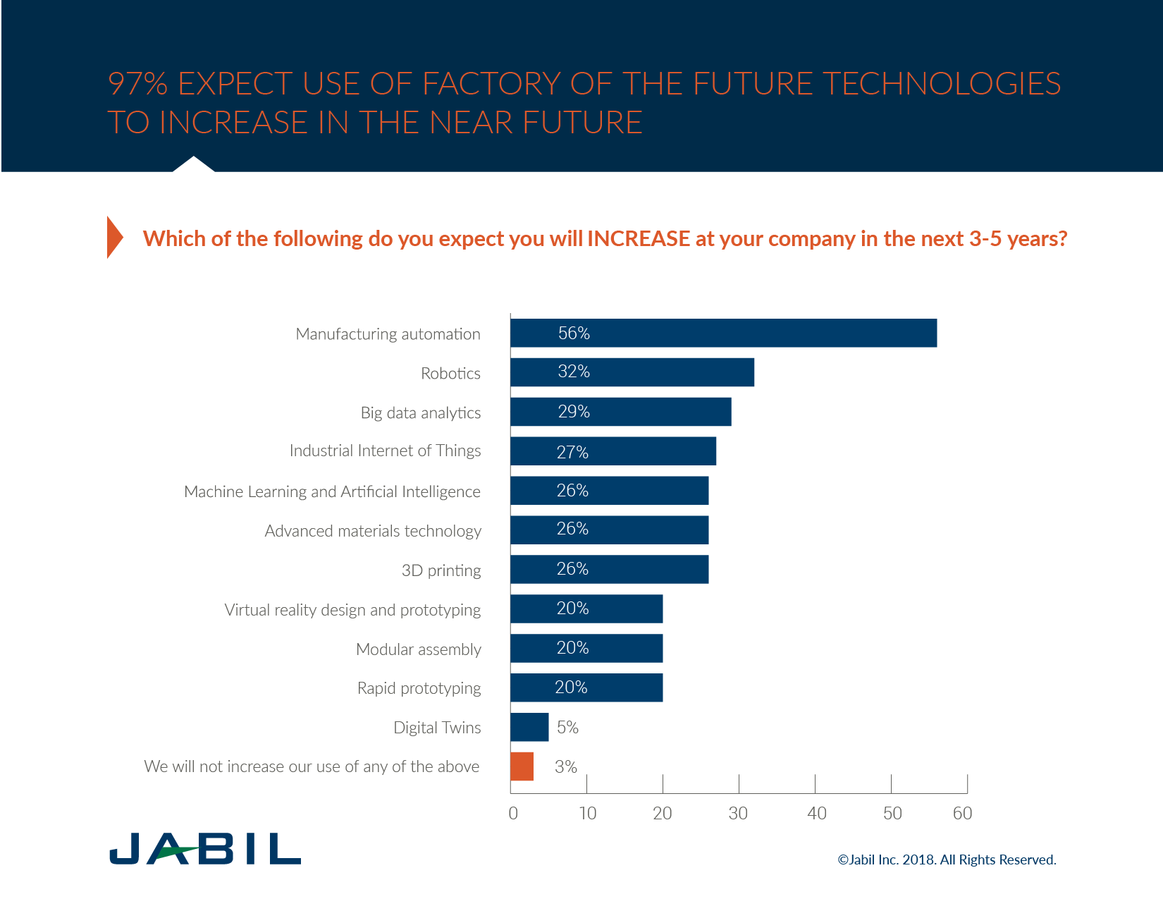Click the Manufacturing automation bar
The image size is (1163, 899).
click(x=723, y=333)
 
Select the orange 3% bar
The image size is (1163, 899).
click(x=522, y=766)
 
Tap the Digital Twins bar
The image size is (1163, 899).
click(x=529, y=727)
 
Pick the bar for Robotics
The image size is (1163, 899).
click(x=632, y=372)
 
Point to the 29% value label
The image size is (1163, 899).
click(x=574, y=412)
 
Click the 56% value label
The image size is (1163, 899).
click(x=574, y=334)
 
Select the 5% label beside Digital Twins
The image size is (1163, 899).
click(x=567, y=728)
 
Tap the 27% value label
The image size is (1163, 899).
click(x=572, y=452)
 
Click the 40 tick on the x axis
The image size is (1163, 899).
click(x=816, y=814)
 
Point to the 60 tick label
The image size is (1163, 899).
click(x=962, y=814)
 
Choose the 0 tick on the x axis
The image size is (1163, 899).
click(x=513, y=814)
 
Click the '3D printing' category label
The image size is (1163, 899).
click(x=441, y=570)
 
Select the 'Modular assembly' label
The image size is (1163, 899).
click(x=419, y=649)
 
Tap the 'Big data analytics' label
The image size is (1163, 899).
click(x=421, y=413)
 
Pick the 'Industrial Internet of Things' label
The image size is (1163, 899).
click(x=385, y=451)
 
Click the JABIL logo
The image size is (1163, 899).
click(x=205, y=848)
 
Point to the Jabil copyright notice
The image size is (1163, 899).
click(x=947, y=860)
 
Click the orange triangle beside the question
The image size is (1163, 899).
click(x=114, y=238)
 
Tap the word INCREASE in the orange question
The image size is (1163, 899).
click(x=638, y=239)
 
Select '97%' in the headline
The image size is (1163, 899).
click(x=137, y=84)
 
